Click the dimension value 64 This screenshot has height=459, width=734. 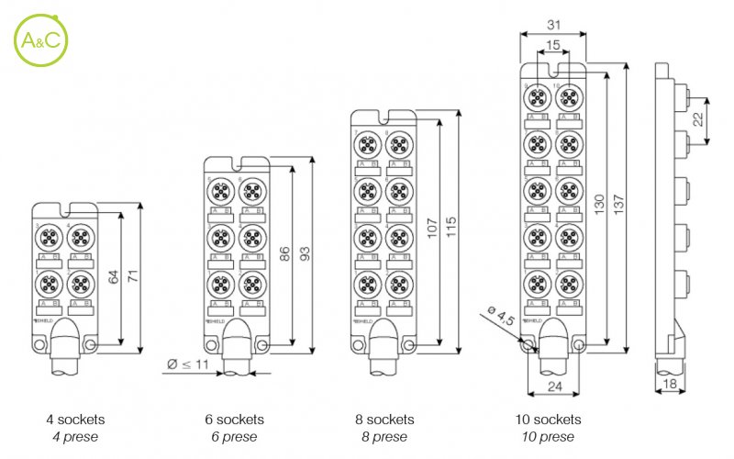[x=115, y=278]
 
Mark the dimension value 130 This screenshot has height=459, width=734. [x=598, y=205]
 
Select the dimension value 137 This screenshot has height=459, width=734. [x=619, y=205]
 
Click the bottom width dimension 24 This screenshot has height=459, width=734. [x=553, y=386]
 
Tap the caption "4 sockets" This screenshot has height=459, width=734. [x=75, y=420]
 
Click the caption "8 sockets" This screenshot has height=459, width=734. [x=383, y=420]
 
